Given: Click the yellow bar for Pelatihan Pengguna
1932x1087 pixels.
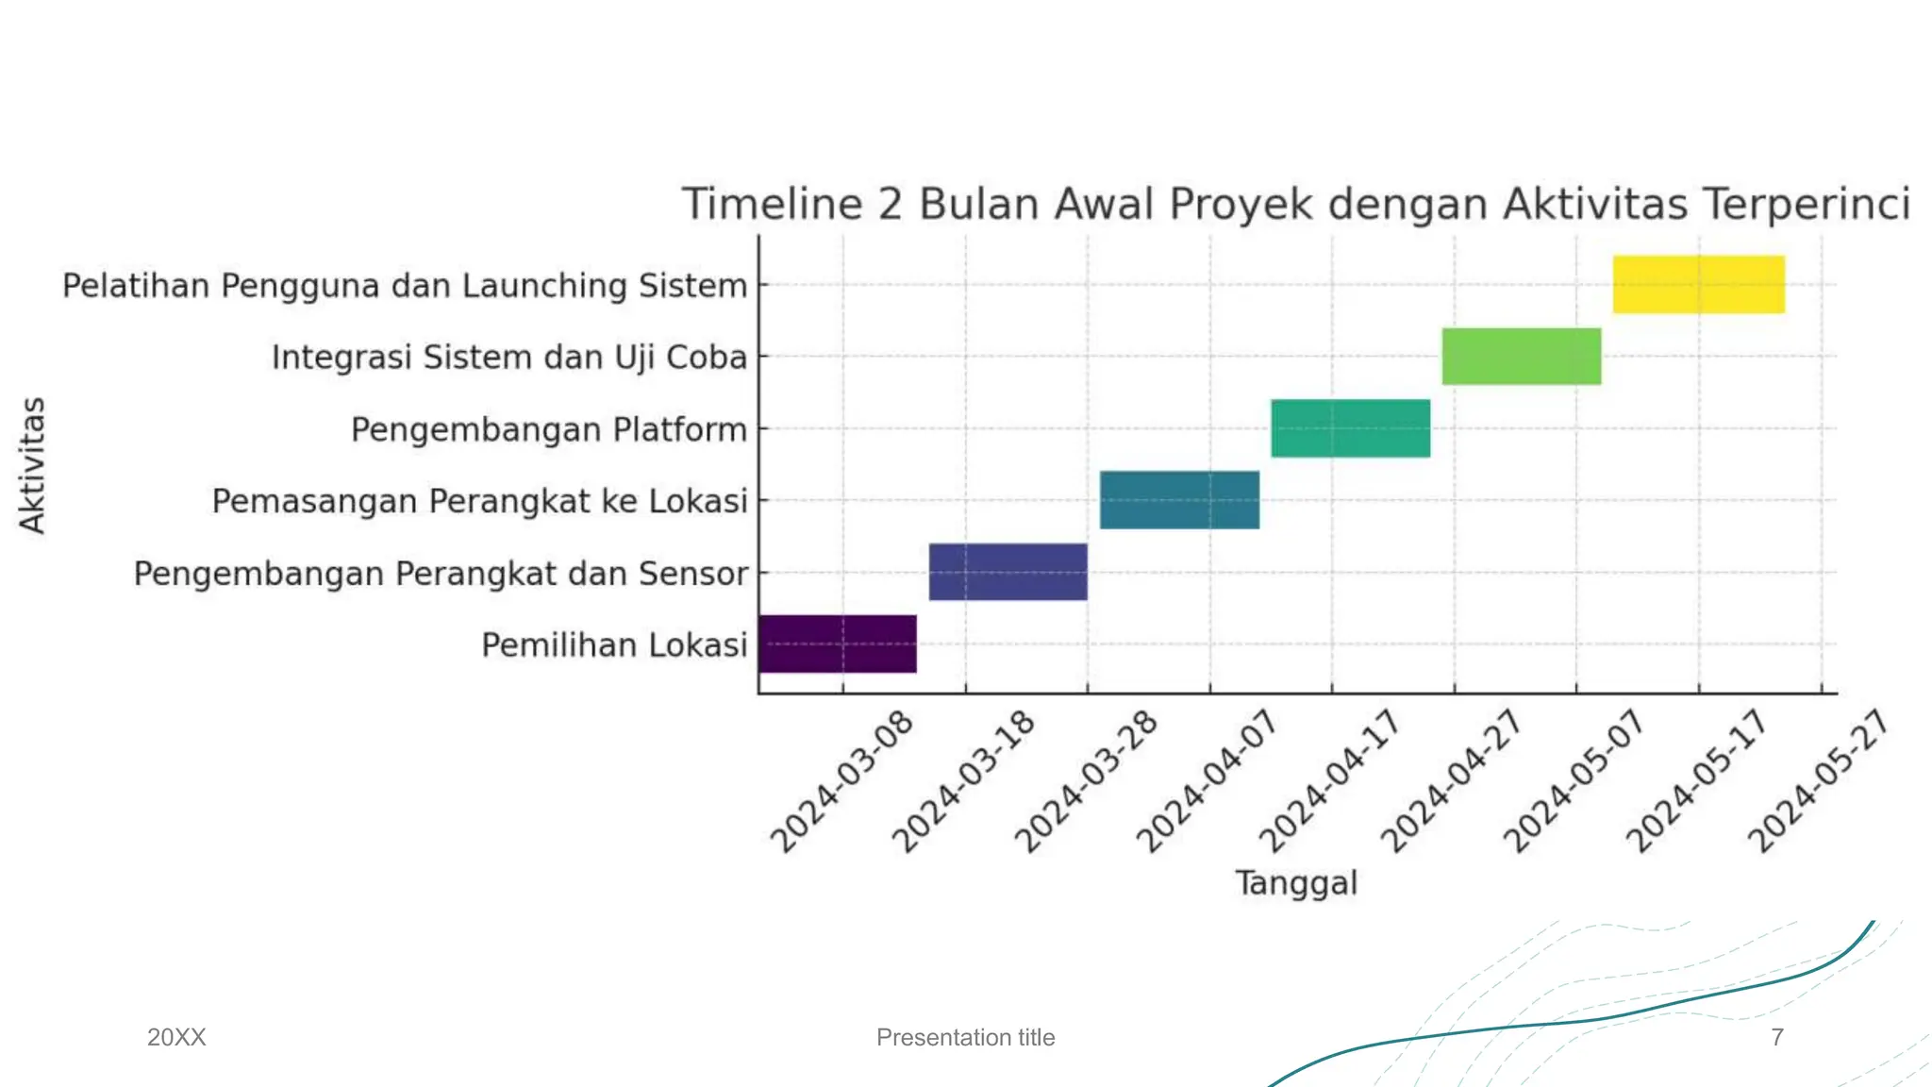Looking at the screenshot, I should [x=1698, y=284].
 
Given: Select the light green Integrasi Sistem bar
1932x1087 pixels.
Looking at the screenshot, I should [x=1521, y=356].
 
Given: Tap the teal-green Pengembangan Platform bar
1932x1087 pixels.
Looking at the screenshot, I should [x=1350, y=428].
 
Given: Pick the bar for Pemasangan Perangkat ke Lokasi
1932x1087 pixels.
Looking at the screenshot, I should [x=1179, y=500].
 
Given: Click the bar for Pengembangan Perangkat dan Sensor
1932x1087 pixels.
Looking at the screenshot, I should [x=1008, y=572].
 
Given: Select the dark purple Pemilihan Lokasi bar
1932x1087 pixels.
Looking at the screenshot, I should [x=837, y=644].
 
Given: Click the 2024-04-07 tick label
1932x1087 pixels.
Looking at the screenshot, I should [x=1207, y=781].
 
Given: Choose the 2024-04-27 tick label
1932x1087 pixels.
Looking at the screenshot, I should [x=1452, y=781].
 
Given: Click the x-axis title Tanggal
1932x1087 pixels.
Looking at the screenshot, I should [x=1296, y=883].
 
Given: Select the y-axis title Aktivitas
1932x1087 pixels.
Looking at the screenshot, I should [x=32, y=465].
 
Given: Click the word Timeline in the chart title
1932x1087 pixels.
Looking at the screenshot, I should [x=773, y=204].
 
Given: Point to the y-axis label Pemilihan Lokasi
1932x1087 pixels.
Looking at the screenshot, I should [x=614, y=645].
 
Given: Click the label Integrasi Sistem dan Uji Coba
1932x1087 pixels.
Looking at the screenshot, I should [x=508, y=358].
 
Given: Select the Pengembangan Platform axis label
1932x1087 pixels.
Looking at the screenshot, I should [x=548, y=429].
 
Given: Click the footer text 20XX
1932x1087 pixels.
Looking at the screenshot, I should [x=176, y=1037].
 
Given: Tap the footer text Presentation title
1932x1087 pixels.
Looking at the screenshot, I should [x=965, y=1037].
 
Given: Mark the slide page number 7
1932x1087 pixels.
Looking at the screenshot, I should [x=1777, y=1037].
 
